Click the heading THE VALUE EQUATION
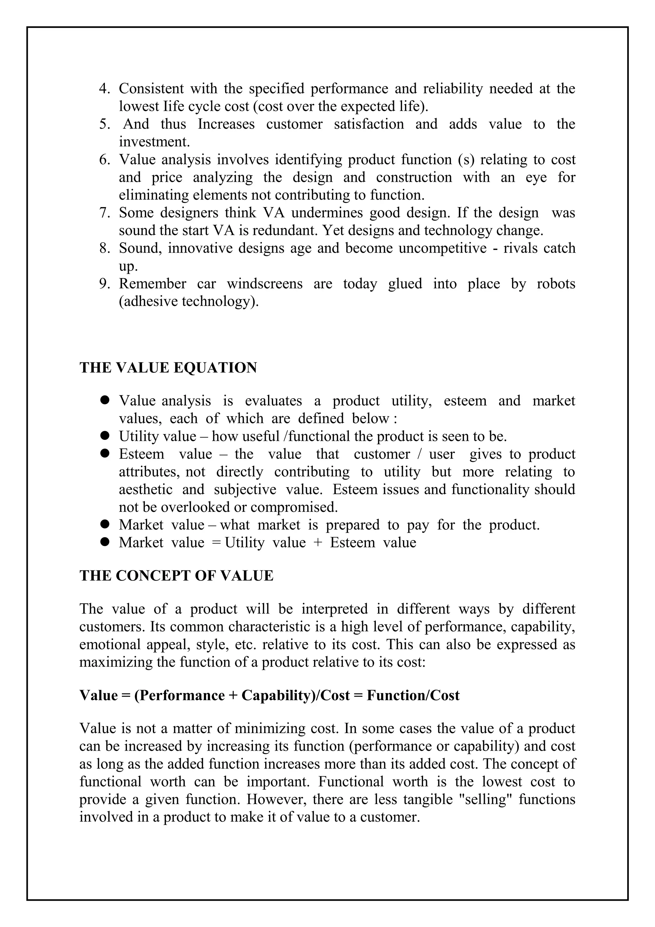[168, 368]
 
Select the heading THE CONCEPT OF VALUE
[176, 575]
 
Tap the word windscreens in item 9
[264, 284]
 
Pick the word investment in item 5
[154, 142]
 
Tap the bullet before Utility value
[105, 436]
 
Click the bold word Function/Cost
[413, 695]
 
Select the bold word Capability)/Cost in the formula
[296, 695]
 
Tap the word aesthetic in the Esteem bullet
[145, 489]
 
